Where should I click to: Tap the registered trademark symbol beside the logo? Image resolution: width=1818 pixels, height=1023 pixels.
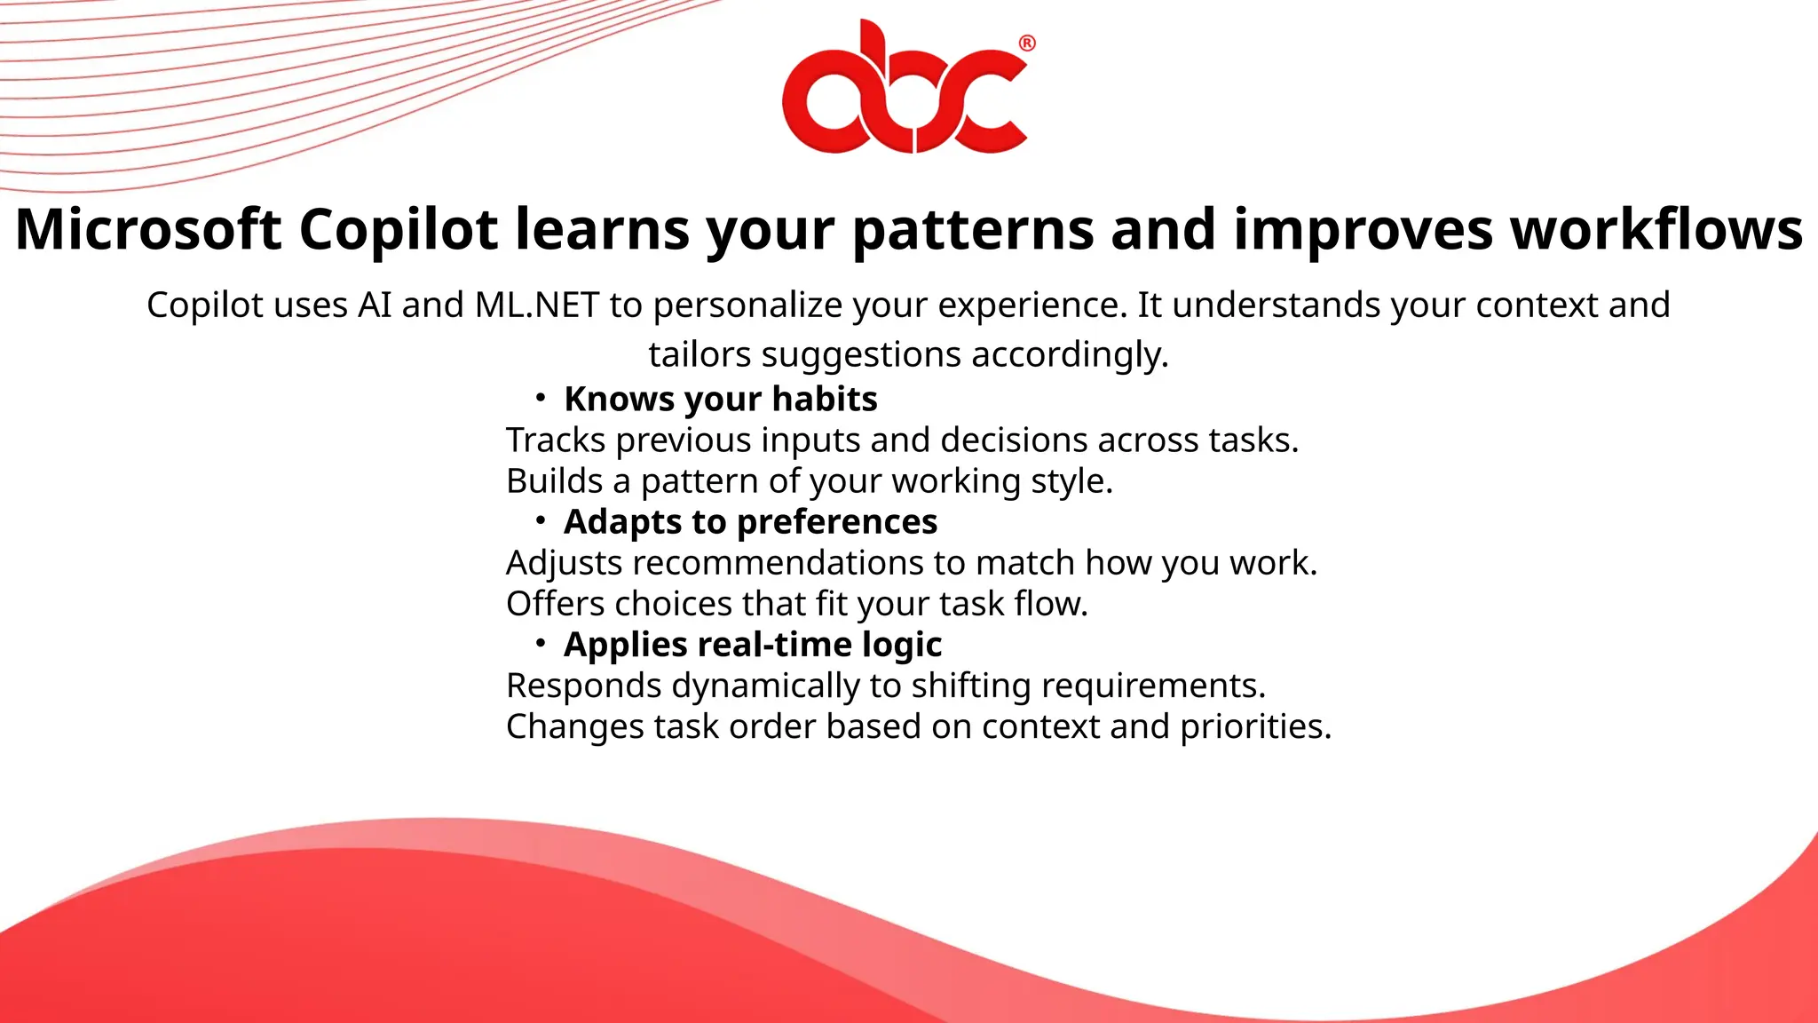click(1026, 44)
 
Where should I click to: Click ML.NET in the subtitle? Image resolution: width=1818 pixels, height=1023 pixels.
click(537, 305)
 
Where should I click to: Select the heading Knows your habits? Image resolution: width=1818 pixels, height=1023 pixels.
click(720, 399)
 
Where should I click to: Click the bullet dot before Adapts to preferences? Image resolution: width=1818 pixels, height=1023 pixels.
click(540, 520)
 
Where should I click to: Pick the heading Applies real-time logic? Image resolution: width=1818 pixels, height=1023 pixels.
click(752, 644)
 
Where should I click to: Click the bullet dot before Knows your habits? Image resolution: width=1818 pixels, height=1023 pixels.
click(540, 398)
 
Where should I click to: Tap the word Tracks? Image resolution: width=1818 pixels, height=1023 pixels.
click(556, 440)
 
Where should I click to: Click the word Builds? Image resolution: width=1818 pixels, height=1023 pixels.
click(555, 480)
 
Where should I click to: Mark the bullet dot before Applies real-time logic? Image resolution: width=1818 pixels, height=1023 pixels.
click(540, 643)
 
